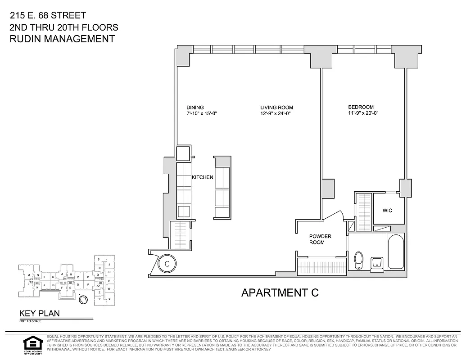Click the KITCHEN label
pyautogui.click(x=203, y=177)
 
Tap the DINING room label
pyautogui.click(x=195, y=108)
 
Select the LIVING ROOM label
pyautogui.click(x=276, y=108)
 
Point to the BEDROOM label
pyautogui.click(x=361, y=107)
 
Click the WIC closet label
pyautogui.click(x=387, y=210)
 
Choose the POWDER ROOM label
pyautogui.click(x=320, y=239)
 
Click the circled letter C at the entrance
pyautogui.click(x=166, y=263)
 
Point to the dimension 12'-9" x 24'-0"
pyautogui.click(x=275, y=114)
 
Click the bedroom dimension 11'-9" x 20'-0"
pyautogui.click(x=363, y=113)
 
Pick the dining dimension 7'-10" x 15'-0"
pyautogui.click(x=202, y=114)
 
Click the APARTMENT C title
pyautogui.click(x=280, y=292)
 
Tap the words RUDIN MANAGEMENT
pyautogui.click(x=62, y=39)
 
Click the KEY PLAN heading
pyautogui.click(x=39, y=314)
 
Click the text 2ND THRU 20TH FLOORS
pyautogui.click(x=63, y=27)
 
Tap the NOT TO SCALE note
pyautogui.click(x=29, y=321)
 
